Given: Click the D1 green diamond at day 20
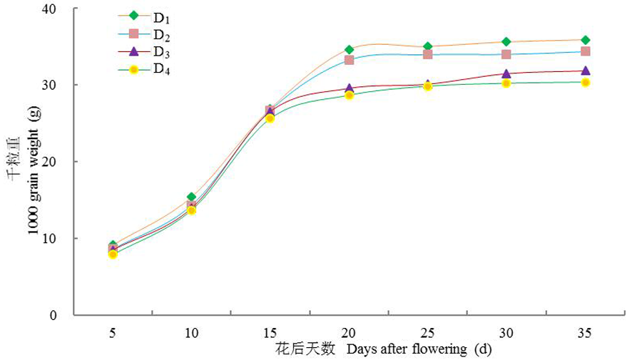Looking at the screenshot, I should pyautogui.click(x=349, y=50).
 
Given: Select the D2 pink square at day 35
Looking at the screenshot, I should pyautogui.click(x=585, y=51).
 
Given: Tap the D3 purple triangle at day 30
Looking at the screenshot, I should pyautogui.click(x=506, y=73).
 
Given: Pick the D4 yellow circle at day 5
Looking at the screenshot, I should pyautogui.click(x=113, y=254).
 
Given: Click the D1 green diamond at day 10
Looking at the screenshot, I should pyautogui.click(x=191, y=197).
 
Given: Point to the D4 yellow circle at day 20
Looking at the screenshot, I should pyautogui.click(x=349, y=95).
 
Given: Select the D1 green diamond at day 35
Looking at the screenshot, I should pyautogui.click(x=585, y=40).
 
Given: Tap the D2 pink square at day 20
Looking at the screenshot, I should pyautogui.click(x=349, y=60).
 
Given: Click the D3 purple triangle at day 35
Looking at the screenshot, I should pyautogui.click(x=585, y=71).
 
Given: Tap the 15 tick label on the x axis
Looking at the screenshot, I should pyautogui.click(x=270, y=333).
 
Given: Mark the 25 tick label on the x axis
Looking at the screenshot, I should pyautogui.click(x=427, y=333).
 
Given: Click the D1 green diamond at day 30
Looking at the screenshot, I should pyautogui.click(x=506, y=42).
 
